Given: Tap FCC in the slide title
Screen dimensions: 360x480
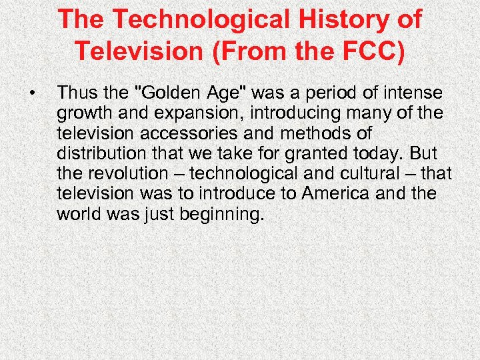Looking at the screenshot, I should tap(369, 50).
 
